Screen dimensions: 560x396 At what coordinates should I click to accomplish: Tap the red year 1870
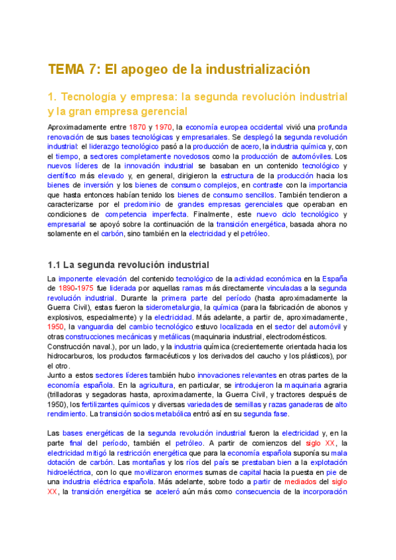137,127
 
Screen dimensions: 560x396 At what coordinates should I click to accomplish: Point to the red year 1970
163,127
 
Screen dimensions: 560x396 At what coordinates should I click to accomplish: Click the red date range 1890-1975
76,289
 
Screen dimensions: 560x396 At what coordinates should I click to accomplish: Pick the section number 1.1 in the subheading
55,265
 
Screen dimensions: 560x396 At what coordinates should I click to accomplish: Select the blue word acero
250,147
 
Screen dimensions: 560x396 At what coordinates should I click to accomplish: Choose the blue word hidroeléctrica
72,472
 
